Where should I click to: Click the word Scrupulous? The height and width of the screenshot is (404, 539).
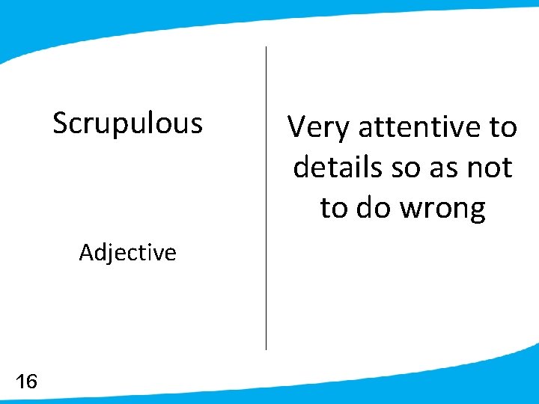pos(127,123)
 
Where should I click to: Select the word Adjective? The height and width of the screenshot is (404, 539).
pos(127,253)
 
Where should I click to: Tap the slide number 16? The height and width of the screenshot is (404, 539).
pos(26,382)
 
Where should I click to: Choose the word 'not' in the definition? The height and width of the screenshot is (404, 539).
pos(490,168)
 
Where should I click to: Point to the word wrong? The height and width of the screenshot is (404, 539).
pos(443,209)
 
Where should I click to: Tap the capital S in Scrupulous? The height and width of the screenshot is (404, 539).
pos(61,123)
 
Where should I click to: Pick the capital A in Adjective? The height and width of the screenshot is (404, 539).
pos(86,253)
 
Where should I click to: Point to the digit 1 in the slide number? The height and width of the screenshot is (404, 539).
pos(19,382)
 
